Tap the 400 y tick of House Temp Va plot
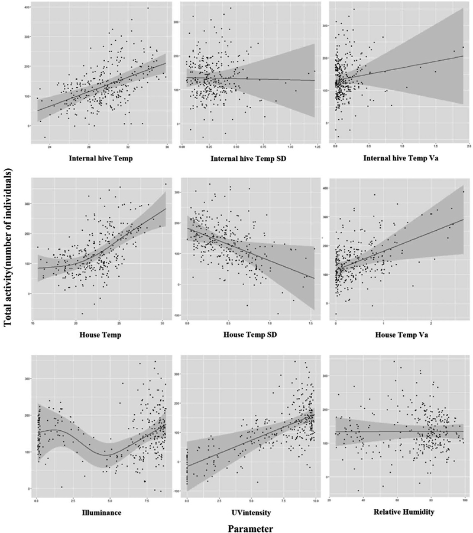tap(324, 188)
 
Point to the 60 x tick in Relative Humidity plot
tap(397, 501)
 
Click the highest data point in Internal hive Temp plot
tap(148, 8)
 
